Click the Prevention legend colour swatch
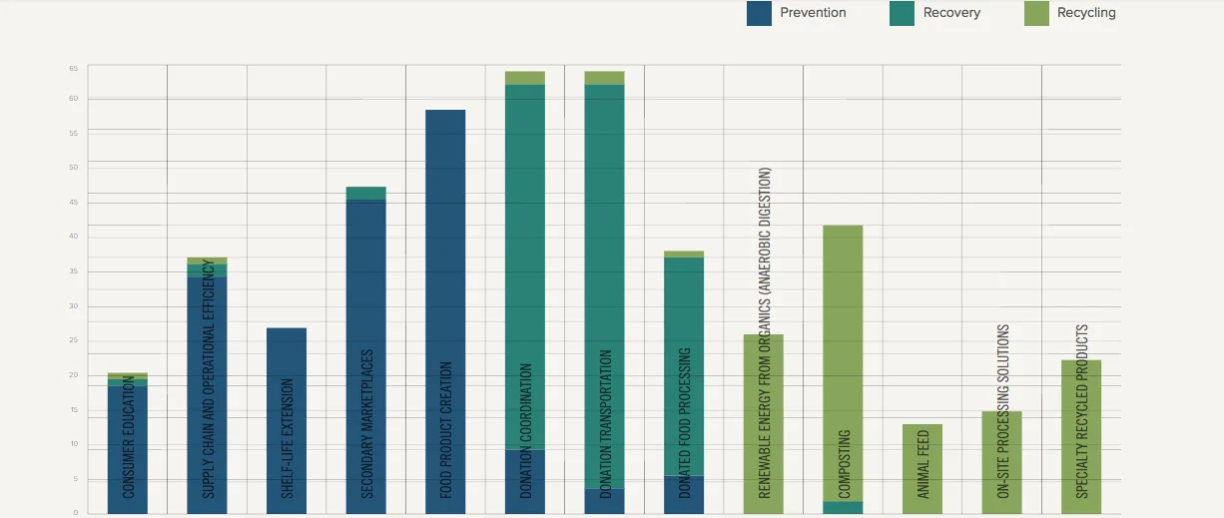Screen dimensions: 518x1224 (760, 13)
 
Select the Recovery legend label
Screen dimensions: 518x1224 (951, 13)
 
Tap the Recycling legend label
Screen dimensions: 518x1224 (1086, 13)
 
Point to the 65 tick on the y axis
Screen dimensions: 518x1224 (74, 68)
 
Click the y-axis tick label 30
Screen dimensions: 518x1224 (74, 306)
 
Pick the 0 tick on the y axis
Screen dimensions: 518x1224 (74, 513)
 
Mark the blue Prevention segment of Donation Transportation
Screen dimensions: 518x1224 (604, 501)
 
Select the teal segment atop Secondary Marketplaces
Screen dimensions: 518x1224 (366, 193)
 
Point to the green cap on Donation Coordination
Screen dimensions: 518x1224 (525, 78)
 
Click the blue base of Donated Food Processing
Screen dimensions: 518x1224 (684, 495)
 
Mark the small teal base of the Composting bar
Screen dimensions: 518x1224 (843, 507)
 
